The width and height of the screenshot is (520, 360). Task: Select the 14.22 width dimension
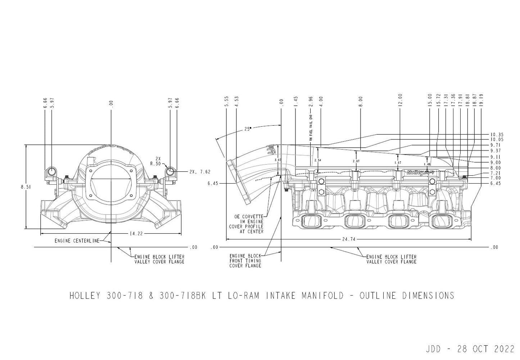click(x=136, y=233)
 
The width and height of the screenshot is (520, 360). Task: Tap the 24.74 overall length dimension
click(x=348, y=239)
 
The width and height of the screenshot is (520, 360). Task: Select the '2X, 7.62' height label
click(x=200, y=172)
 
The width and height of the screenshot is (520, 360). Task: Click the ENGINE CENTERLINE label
click(x=77, y=241)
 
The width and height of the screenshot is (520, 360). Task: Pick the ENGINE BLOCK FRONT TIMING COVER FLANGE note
click(x=245, y=261)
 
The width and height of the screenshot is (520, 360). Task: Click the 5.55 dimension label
click(x=226, y=102)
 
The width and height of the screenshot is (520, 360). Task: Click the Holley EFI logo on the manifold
click(x=420, y=172)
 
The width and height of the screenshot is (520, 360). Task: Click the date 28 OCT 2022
click(x=485, y=349)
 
